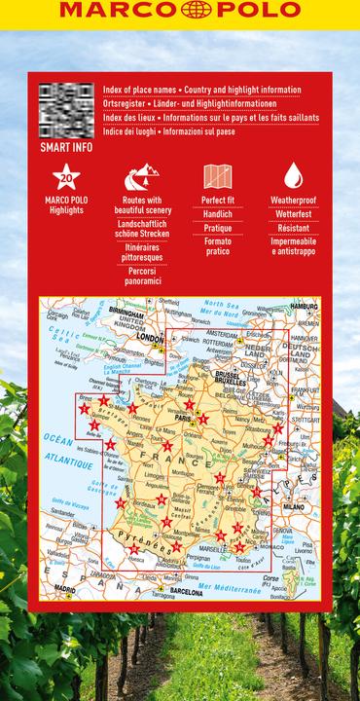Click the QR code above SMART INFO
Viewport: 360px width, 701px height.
click(x=66, y=110)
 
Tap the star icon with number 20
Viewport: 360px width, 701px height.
click(x=66, y=177)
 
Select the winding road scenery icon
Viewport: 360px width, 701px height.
click(x=143, y=177)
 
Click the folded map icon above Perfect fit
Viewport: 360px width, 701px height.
click(x=217, y=177)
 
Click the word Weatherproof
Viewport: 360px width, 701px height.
click(x=293, y=200)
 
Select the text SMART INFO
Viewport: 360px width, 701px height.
click(x=66, y=148)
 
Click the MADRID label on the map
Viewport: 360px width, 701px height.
click(x=66, y=590)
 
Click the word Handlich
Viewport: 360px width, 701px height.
click(x=217, y=213)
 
